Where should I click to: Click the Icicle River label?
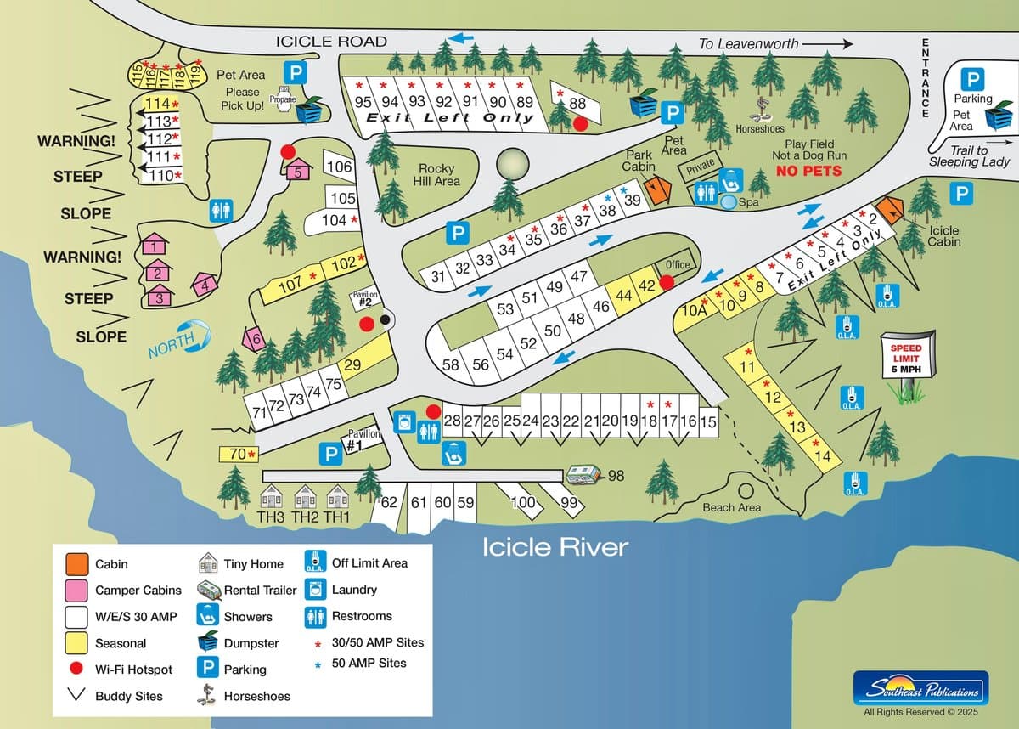555,545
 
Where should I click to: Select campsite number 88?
577,104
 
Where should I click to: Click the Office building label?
678,264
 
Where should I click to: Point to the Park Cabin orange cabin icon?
655,189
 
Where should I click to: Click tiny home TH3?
271,499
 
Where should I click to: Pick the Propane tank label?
282,98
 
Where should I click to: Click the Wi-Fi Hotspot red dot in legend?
77,670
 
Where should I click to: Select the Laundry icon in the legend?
315,589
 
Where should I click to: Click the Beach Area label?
731,507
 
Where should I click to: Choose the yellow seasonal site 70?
239,455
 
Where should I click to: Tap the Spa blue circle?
729,202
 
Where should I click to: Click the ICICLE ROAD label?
331,41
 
